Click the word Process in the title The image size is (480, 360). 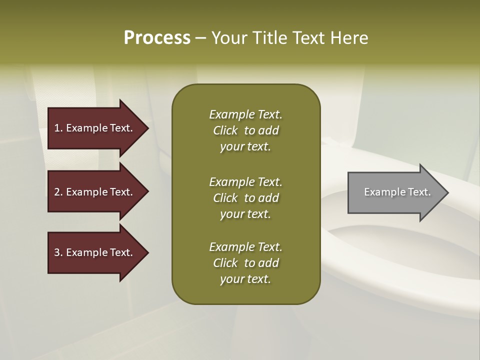click(x=157, y=38)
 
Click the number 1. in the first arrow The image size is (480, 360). click(x=58, y=128)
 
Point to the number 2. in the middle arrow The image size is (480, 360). click(x=58, y=192)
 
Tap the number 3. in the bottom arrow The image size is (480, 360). click(x=58, y=252)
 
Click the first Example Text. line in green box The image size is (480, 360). click(x=245, y=114)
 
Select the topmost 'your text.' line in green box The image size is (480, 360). click(x=245, y=147)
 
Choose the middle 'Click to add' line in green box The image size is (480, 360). click(x=245, y=198)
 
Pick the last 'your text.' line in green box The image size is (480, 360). click(x=245, y=279)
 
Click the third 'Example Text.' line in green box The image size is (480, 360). click(x=245, y=247)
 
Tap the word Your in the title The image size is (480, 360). click(x=230, y=38)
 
